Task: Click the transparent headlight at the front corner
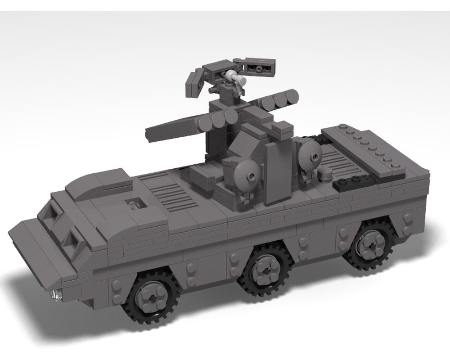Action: point(56,294)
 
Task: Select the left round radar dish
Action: point(248,173)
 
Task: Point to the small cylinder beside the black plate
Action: point(324,175)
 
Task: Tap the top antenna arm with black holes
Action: point(258,68)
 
